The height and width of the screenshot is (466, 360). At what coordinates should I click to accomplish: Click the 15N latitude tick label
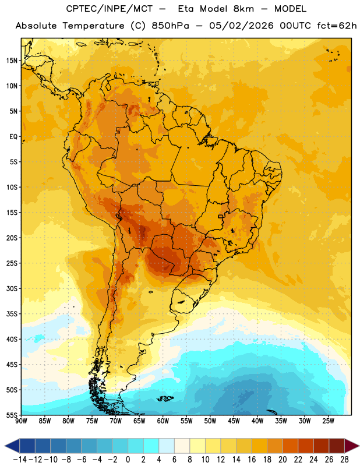(12, 61)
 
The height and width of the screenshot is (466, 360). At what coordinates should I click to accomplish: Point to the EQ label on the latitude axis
(13, 137)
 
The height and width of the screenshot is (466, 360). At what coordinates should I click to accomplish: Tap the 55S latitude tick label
(12, 415)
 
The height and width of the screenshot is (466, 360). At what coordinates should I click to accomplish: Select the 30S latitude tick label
(12, 288)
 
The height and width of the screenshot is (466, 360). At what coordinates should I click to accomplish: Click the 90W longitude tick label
(22, 421)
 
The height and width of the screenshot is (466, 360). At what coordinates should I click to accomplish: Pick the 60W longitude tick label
(163, 421)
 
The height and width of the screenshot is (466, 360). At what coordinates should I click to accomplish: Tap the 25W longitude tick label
(328, 421)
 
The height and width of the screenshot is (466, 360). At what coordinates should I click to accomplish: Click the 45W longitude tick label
(234, 421)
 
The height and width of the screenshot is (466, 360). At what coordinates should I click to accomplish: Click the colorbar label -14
(20, 460)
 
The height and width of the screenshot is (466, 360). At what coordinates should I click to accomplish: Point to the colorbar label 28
(344, 460)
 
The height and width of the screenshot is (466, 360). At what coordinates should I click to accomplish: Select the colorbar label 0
(128, 460)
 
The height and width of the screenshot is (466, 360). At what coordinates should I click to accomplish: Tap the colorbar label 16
(252, 460)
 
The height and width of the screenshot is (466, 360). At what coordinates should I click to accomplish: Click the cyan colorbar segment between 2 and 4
(151, 446)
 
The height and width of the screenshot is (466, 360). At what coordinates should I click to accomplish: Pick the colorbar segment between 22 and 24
(306, 446)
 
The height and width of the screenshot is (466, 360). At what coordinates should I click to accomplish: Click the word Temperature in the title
(93, 26)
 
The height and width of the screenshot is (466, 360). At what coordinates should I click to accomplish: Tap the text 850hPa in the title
(170, 26)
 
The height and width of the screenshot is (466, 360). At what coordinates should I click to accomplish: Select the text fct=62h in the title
(337, 26)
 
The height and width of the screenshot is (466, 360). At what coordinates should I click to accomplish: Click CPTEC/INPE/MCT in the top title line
(109, 9)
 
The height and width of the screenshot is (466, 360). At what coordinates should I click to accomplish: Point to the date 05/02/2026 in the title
(241, 26)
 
